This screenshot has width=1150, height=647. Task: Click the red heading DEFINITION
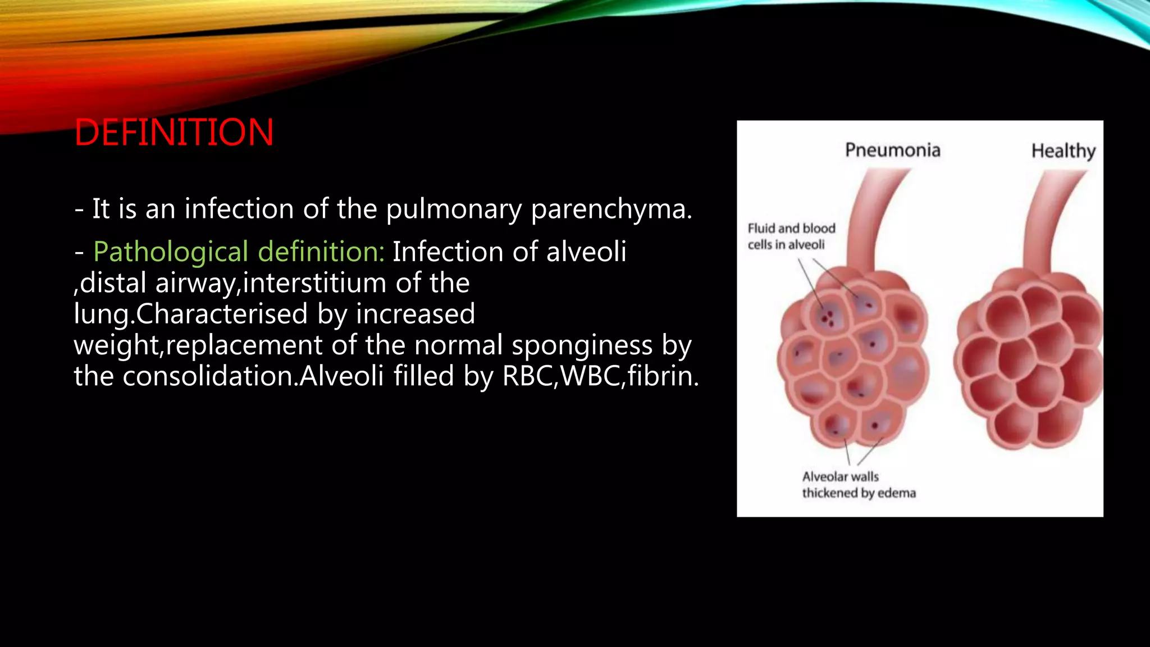tap(174, 133)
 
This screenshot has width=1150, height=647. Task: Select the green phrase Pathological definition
tap(238, 252)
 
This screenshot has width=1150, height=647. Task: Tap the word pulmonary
tap(454, 209)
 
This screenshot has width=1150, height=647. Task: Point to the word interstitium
tap(314, 283)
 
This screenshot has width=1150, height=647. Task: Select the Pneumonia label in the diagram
tap(892, 150)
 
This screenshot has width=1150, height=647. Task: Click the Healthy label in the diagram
tap(1063, 151)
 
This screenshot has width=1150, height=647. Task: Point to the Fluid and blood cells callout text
tap(791, 236)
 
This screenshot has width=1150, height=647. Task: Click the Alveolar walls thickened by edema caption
tap(858, 485)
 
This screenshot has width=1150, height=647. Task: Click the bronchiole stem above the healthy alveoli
tap(1051, 219)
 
